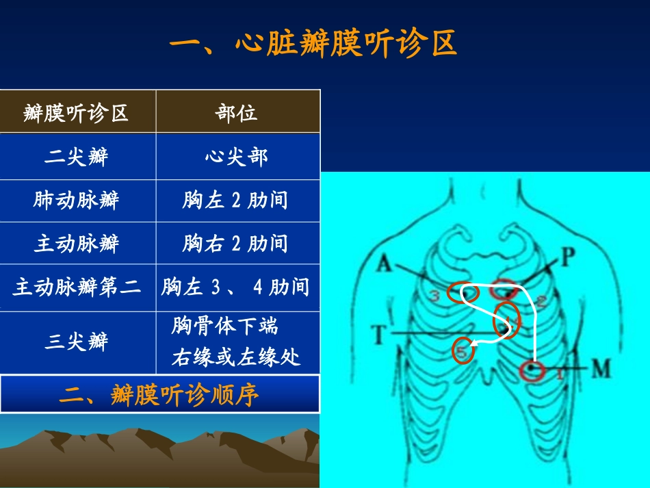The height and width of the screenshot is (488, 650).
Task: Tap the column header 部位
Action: click(x=237, y=113)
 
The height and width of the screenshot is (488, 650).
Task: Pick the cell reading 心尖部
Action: click(x=237, y=157)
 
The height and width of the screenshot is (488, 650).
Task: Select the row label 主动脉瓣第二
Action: click(x=77, y=287)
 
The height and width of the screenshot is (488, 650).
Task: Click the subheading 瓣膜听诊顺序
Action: click(x=159, y=395)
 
